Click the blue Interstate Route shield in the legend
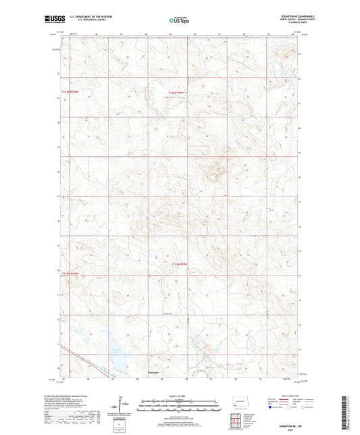(x=272, y=408)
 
